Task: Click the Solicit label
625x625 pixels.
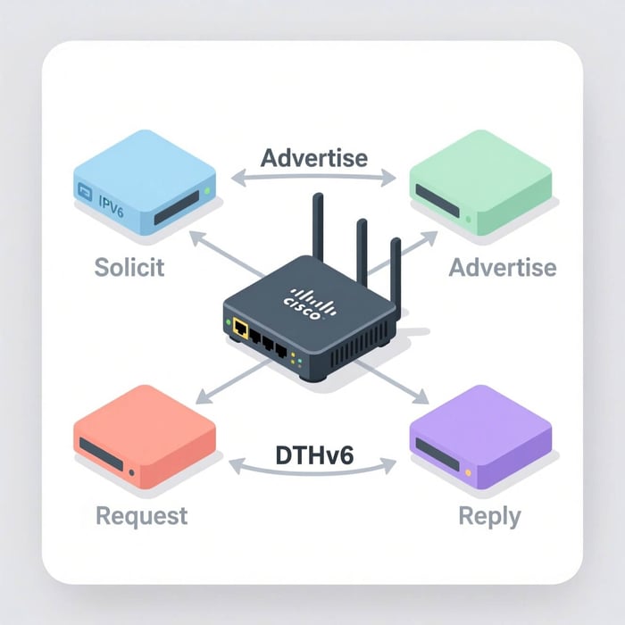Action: (x=129, y=267)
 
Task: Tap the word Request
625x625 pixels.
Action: (x=141, y=515)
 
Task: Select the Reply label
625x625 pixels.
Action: (x=488, y=515)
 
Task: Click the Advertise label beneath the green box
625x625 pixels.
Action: (x=502, y=267)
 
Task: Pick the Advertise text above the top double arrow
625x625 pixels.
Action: (x=313, y=158)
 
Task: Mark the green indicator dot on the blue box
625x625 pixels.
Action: (x=208, y=190)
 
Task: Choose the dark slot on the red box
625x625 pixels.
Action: (x=102, y=449)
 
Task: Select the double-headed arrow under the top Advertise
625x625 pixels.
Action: (x=313, y=179)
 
